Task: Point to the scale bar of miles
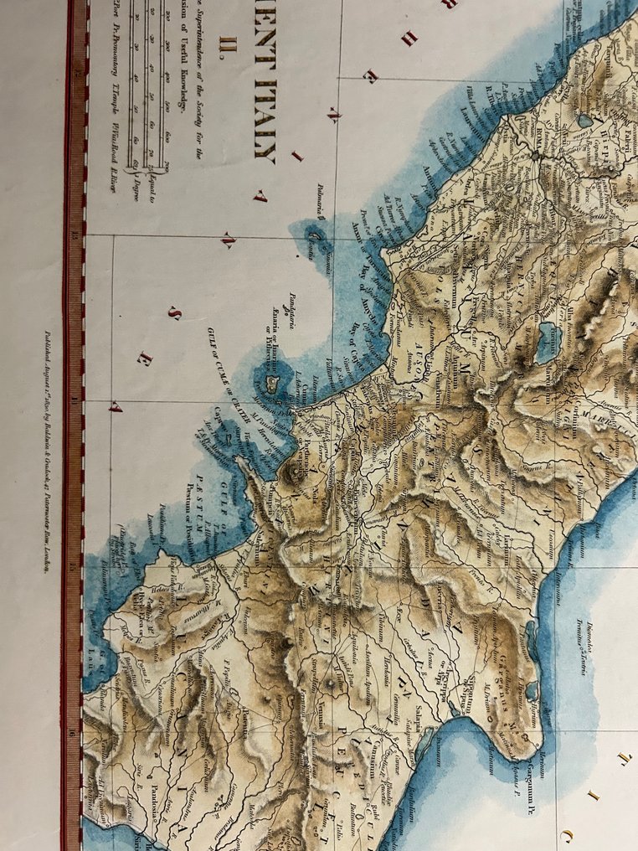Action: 151,84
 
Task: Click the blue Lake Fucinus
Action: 545,343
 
